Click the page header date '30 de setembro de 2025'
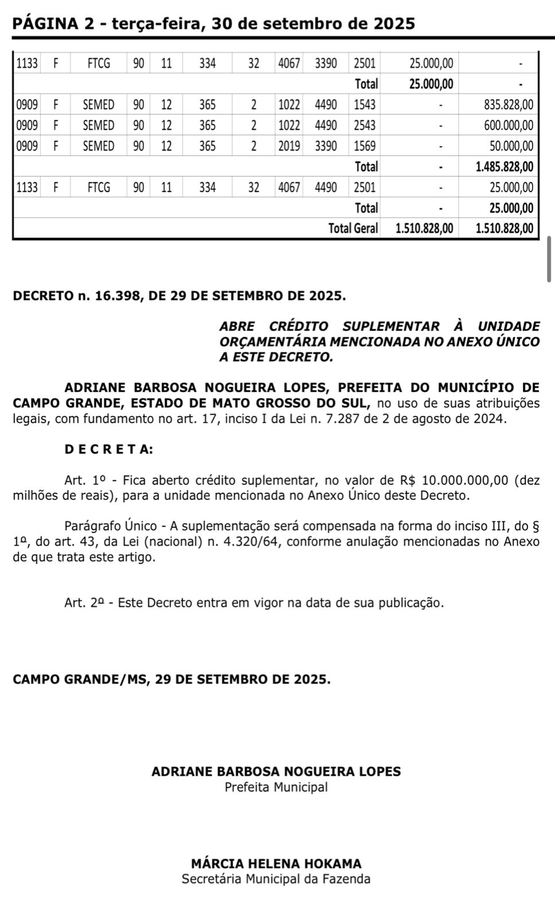[313, 24]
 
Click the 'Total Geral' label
[353, 228]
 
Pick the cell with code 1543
[364, 105]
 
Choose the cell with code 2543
[364, 126]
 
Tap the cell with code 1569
[364, 146]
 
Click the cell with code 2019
[289, 146]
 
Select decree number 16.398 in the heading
[118, 296]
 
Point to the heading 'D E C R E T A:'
[108, 449]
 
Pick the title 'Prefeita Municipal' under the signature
[276, 787]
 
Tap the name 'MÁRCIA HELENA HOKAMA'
[276, 863]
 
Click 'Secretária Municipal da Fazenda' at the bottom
[276, 879]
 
